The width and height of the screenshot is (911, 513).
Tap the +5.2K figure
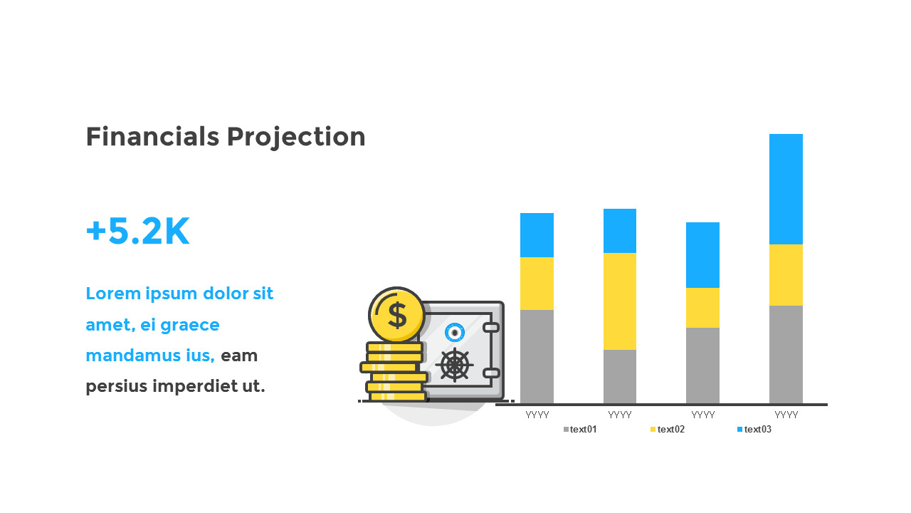(137, 232)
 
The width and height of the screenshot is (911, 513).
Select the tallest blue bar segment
(786, 189)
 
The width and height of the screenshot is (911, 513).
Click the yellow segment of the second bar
(620, 301)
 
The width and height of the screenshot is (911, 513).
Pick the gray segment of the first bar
(537, 356)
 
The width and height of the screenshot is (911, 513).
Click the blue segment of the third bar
(702, 254)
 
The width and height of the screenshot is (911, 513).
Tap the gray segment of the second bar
(620, 376)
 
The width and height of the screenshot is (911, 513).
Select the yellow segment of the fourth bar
(786, 274)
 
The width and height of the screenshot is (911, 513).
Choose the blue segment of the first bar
(537, 234)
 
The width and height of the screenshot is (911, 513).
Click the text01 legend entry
(580, 429)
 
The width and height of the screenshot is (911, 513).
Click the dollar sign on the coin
(396, 314)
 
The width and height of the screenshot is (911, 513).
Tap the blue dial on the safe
(455, 332)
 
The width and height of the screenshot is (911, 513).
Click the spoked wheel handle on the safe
(454, 365)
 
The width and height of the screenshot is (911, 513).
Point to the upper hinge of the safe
(491, 327)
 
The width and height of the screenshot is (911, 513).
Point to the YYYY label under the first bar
(537, 415)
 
